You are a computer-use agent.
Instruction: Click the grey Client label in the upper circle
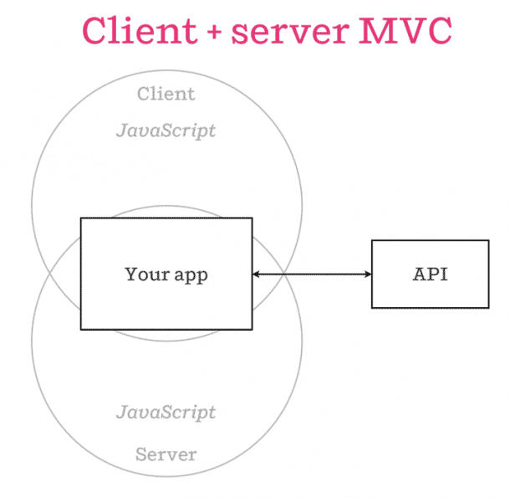click(166, 94)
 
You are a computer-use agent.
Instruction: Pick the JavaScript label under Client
click(166, 131)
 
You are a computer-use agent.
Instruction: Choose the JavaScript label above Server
click(166, 412)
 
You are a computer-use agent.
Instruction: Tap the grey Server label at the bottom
click(166, 455)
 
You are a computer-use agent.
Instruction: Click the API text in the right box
click(430, 274)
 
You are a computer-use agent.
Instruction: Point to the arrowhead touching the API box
click(367, 274)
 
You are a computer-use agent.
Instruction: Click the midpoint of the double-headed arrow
click(312, 274)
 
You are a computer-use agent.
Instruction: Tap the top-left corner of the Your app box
click(81, 218)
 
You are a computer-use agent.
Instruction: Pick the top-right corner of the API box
click(488, 241)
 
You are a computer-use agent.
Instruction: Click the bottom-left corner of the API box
click(372, 307)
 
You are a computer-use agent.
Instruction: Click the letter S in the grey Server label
click(141, 455)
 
